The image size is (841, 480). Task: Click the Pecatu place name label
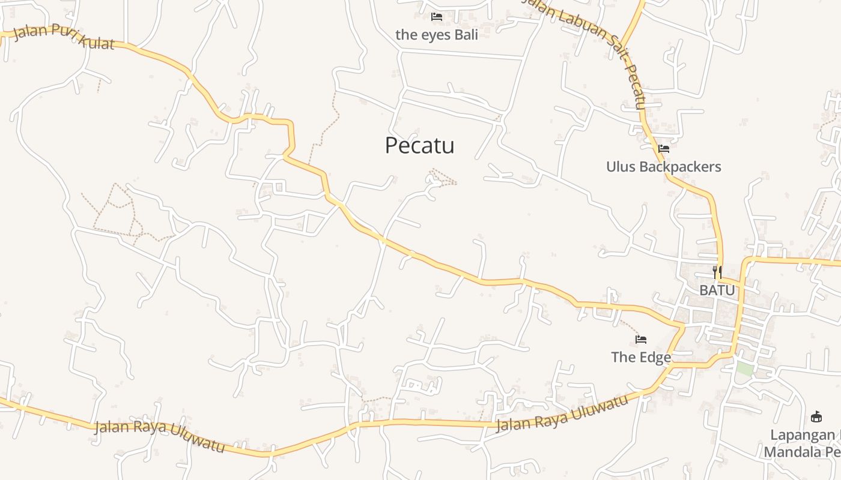419,145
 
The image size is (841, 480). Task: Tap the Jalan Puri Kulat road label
63,37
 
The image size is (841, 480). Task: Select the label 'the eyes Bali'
437,35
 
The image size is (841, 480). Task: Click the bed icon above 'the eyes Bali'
437,17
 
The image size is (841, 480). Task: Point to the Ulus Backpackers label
663,166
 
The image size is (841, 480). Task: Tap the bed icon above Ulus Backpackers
664,148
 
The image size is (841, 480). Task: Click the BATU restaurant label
717,290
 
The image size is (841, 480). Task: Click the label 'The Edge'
641,357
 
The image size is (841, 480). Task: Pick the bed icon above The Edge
641,340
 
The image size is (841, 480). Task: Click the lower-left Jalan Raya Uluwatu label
160,437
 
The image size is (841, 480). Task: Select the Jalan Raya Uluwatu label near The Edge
561,413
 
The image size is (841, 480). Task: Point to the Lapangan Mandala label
802,443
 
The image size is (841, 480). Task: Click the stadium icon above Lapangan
816,416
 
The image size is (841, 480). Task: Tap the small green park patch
745,369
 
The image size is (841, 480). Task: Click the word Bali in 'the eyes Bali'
466,35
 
